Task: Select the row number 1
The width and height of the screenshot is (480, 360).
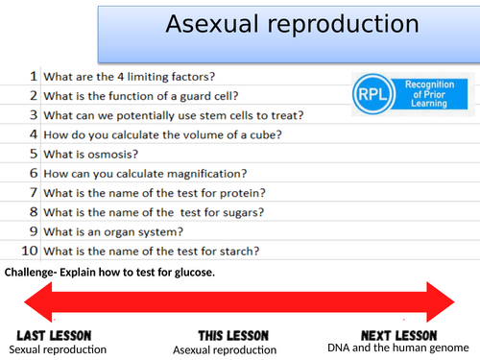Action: click(33, 76)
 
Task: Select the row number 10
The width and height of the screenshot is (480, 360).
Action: click(30, 252)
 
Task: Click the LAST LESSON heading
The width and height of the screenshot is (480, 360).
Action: click(55, 335)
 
